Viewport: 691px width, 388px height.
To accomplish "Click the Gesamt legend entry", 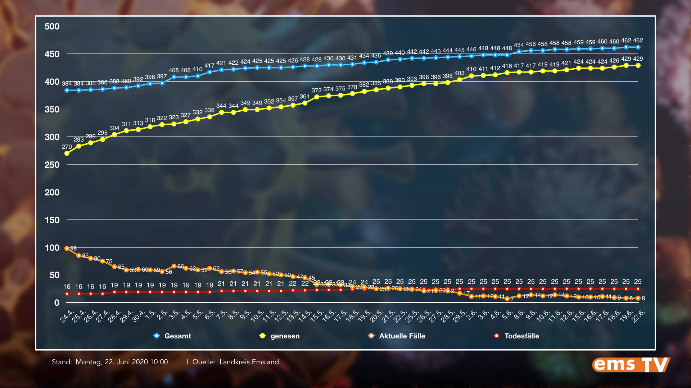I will pos(173,336).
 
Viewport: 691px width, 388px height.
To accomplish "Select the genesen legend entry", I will pos(280,336).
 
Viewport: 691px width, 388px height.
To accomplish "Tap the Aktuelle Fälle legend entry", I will pos(397,336).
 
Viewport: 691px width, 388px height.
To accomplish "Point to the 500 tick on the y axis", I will pos(52,27).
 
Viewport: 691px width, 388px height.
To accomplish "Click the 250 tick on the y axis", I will pos(52,165).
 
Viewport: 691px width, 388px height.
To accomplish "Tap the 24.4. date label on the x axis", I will pos(67,317).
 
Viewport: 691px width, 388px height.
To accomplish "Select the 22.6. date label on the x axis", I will pos(638,317).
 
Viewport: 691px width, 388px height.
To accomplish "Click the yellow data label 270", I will pos(67,147).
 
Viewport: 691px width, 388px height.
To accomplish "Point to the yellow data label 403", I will pos(459,73).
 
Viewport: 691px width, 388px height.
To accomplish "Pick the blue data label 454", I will pos(519,45).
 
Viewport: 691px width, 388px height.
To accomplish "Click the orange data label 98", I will pos(73,249).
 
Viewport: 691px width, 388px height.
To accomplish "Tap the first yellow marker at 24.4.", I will pos(67,153).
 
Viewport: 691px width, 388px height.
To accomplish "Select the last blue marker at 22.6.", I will pos(638,47).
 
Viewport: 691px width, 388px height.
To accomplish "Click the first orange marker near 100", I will pos(67,248).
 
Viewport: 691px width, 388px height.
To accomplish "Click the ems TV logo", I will pos(631,365).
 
